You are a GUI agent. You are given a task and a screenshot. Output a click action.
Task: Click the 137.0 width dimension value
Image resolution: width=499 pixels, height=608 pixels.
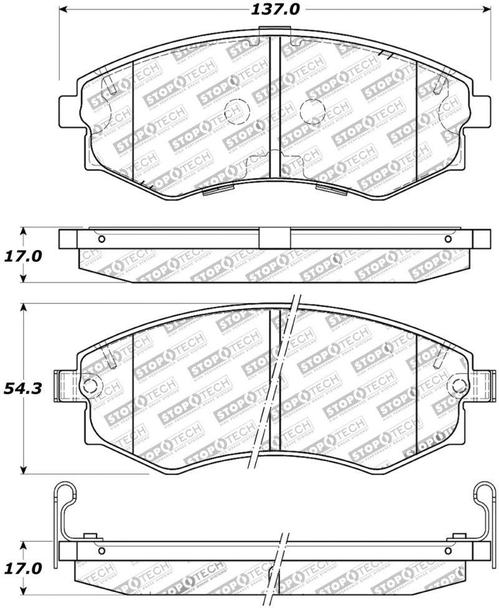(274, 10)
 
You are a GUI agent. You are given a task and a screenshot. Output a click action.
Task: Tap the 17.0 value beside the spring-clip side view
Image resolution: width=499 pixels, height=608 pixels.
(22, 568)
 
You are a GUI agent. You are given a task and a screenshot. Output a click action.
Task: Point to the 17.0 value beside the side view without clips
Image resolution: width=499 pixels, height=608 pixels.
(22, 256)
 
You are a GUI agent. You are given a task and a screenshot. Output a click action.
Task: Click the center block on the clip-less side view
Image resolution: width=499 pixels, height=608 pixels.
(274, 239)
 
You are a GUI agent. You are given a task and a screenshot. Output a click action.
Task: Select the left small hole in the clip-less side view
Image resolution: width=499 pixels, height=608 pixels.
(102, 239)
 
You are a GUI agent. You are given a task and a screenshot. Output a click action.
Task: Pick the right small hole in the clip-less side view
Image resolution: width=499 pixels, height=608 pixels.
(447, 239)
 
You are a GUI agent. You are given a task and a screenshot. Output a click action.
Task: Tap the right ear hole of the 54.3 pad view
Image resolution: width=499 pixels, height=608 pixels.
(460, 384)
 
